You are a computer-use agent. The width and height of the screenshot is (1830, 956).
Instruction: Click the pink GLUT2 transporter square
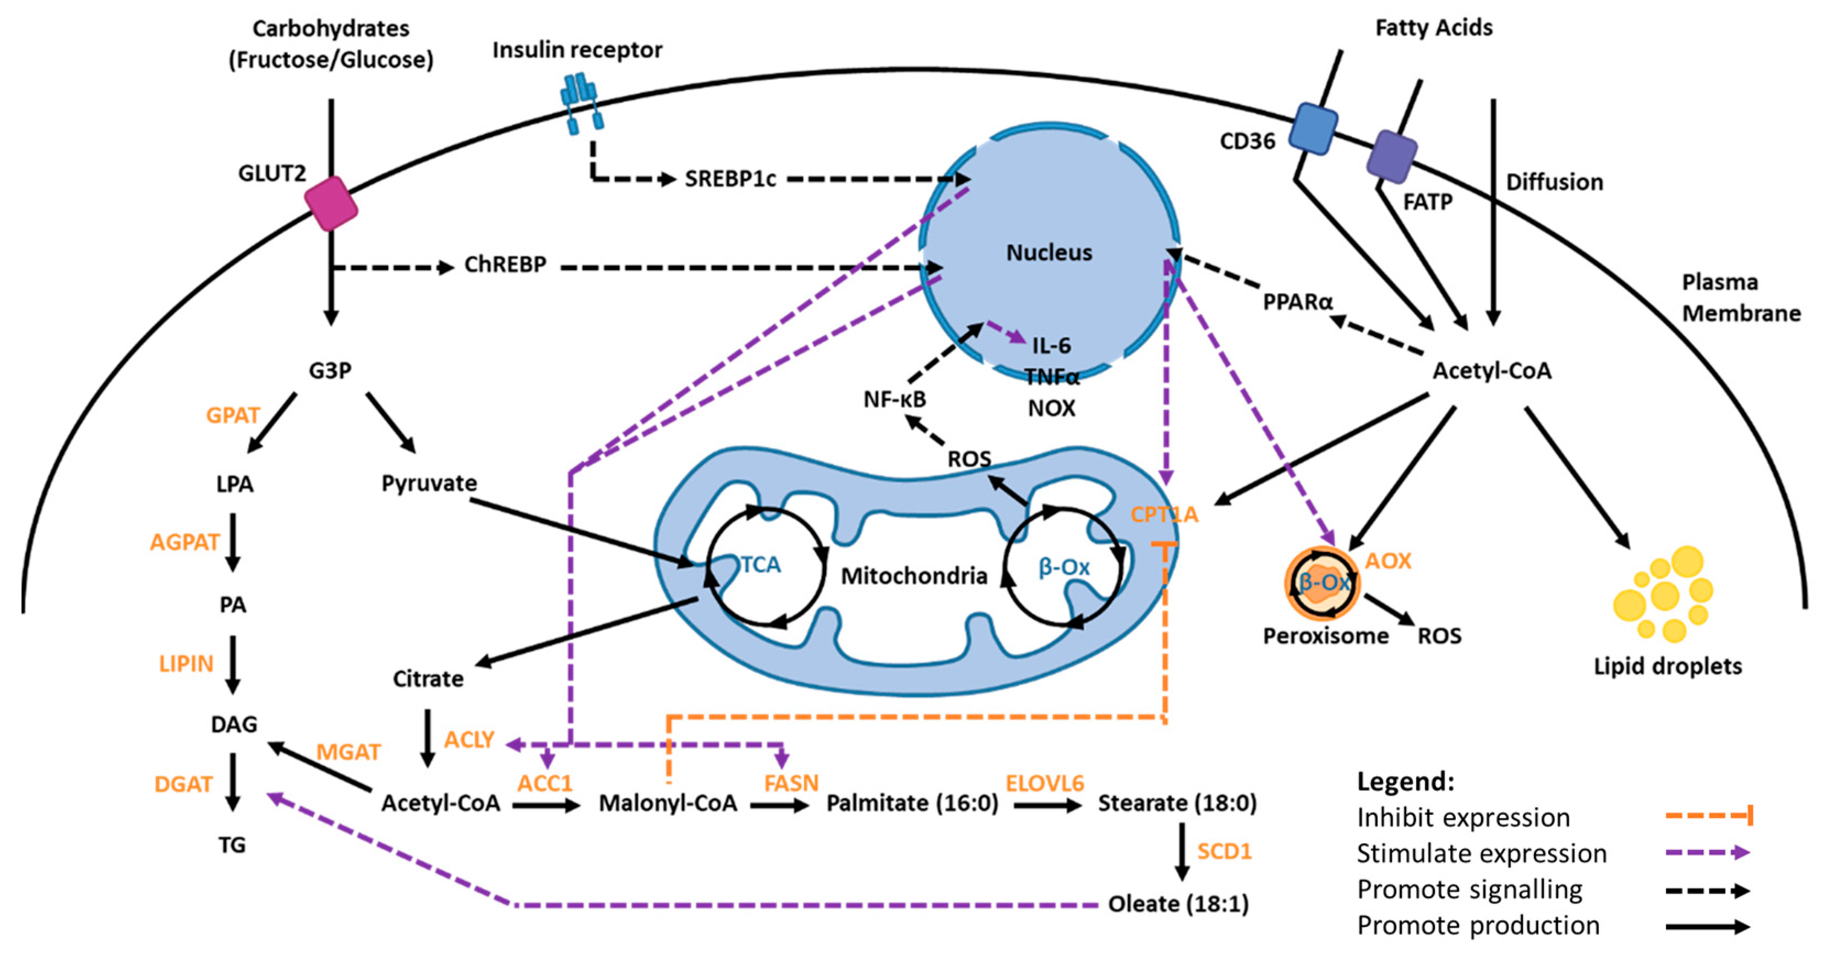click(x=331, y=204)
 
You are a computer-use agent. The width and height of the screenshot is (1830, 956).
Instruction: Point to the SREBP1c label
click(x=730, y=179)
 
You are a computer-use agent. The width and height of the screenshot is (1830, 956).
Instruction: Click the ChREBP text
click(x=505, y=265)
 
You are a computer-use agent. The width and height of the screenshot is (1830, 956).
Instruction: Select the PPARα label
click(x=1297, y=303)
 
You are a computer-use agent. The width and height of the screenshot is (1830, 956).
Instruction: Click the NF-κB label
click(x=894, y=400)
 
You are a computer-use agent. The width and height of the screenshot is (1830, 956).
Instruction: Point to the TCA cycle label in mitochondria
click(x=760, y=565)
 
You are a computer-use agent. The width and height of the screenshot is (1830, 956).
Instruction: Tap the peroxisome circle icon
click(x=1322, y=583)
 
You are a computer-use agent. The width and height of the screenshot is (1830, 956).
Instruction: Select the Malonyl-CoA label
click(x=668, y=803)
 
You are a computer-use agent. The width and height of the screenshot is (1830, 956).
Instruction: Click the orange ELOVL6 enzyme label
click(x=1044, y=783)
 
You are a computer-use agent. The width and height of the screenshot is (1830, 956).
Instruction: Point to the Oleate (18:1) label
click(x=1178, y=904)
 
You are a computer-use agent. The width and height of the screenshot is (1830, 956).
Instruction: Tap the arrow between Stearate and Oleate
click(x=1182, y=851)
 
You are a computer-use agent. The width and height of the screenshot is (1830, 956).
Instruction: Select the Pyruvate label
click(x=429, y=484)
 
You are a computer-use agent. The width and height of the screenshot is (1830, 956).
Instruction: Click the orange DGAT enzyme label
click(x=183, y=784)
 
